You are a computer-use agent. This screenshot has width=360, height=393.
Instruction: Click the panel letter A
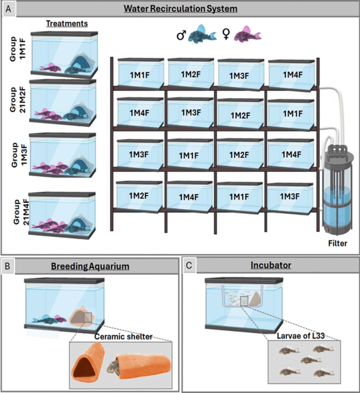pos(8,9)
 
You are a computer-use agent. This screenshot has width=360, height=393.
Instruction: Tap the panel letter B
pos(7,266)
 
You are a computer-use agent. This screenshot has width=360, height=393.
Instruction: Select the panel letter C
pos(189,265)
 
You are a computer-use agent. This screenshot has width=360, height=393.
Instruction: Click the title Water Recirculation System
pos(180,9)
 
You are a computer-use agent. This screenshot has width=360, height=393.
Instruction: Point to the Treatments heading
pos(67,24)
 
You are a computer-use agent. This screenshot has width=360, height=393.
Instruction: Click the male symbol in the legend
pos(181,35)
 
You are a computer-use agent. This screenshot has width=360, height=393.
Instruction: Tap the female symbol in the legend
pos(226,34)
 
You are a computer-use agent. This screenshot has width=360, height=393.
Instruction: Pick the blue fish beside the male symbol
pos(202,34)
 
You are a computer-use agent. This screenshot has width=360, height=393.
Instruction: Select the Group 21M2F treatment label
pos(18,100)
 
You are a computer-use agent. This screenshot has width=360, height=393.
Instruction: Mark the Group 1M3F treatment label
pos(19,155)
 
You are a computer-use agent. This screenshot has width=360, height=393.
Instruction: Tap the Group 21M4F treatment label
pos(21,212)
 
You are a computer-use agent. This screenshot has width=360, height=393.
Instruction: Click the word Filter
pos(338,243)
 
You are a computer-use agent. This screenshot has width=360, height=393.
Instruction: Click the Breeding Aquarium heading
pos(90,266)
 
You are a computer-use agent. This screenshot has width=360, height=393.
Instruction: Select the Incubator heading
pos(271,265)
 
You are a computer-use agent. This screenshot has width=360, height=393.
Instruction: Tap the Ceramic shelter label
pos(123,336)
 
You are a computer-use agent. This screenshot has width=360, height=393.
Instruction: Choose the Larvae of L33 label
pos(301,336)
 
